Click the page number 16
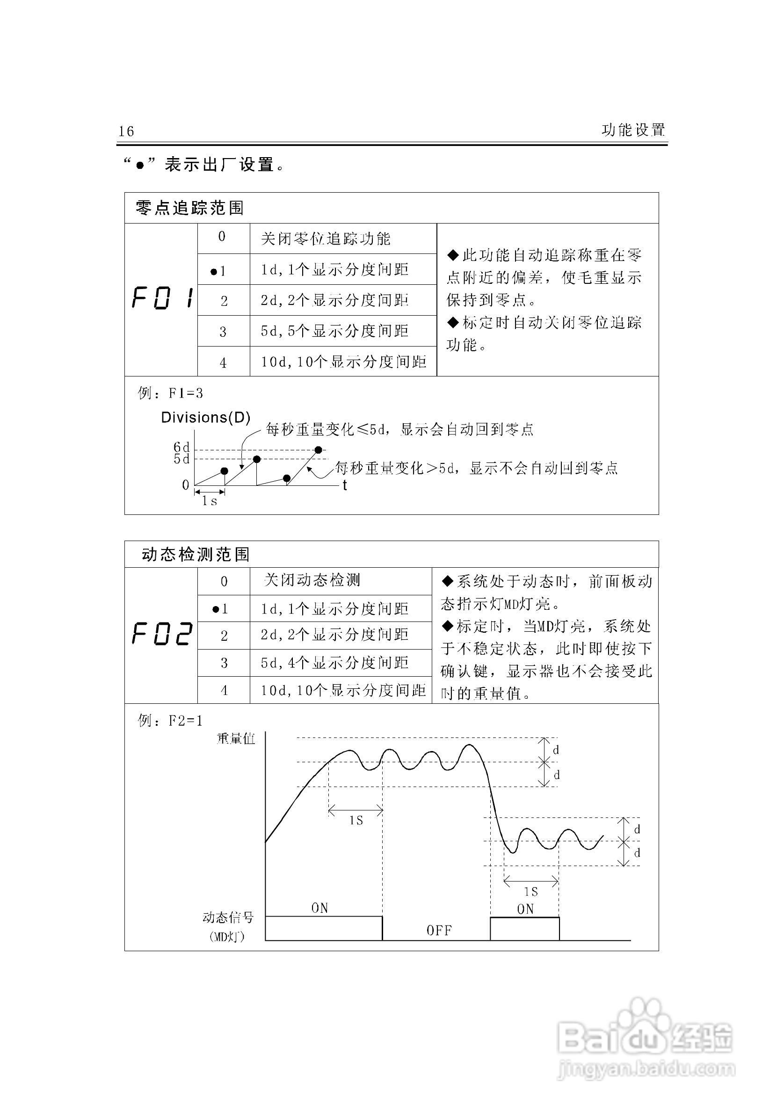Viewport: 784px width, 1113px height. pos(126,131)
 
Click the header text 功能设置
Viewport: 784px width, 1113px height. pos(633,130)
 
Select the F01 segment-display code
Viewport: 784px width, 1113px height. pos(162,299)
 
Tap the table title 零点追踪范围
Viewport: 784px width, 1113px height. pos(189,208)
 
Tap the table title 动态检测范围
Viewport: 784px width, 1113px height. pos(196,554)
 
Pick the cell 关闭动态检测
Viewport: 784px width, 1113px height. pos(312,580)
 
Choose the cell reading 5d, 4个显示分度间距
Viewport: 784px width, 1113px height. pos(334,663)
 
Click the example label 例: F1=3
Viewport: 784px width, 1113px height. pos(170,393)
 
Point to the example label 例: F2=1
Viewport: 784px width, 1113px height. pos(170,720)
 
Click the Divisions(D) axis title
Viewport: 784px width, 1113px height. pos(205,417)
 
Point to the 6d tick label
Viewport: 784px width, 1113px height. pos(181,447)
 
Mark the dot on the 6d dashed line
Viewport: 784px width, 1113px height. pos(319,450)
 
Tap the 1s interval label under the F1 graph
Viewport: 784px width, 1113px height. pos(210,501)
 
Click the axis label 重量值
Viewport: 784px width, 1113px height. pos(236,738)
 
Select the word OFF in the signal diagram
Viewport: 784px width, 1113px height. pos(439,930)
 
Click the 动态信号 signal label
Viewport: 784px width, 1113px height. pos(228,917)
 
